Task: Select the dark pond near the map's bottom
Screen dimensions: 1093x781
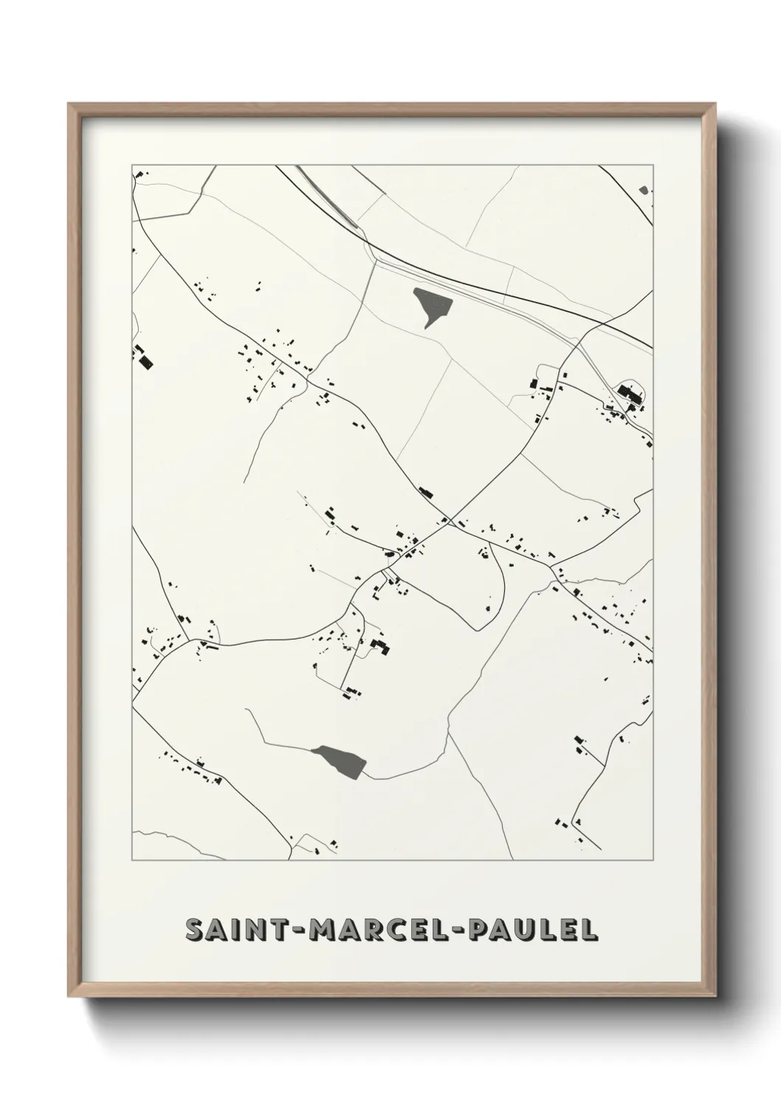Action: click(x=340, y=760)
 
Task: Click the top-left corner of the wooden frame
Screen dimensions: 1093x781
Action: click(x=69, y=104)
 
